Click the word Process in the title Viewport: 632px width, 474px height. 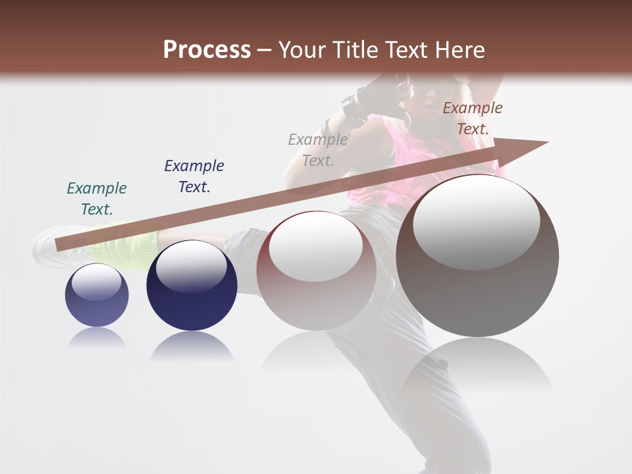point(207,50)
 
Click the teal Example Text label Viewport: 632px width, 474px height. point(97,199)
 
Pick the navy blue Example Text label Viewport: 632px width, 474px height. point(194,176)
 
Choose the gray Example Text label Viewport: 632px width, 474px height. point(318,150)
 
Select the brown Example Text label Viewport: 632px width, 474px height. point(472,118)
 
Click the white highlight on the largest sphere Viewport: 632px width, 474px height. point(476,221)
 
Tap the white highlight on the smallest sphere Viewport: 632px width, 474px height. point(96,282)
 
